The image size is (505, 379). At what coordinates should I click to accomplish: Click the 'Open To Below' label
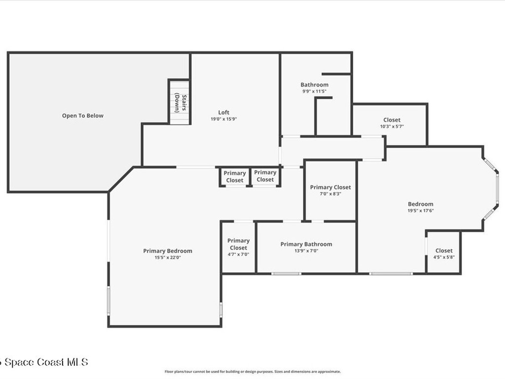(83, 115)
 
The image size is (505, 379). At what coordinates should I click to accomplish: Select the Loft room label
(224, 113)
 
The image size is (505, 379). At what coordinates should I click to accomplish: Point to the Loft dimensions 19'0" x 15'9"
(224, 119)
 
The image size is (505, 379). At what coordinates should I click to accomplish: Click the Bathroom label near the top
(314, 85)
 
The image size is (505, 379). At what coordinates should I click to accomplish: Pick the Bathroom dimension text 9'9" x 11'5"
(314, 91)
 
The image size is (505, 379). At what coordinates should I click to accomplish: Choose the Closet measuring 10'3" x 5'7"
(392, 123)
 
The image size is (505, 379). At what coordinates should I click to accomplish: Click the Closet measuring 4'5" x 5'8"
(444, 253)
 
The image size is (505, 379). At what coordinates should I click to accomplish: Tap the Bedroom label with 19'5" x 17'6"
(420, 204)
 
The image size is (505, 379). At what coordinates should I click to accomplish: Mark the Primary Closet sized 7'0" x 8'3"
(330, 190)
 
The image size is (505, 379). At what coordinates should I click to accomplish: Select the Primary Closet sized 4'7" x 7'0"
(238, 247)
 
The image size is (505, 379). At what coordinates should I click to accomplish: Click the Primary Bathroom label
(306, 244)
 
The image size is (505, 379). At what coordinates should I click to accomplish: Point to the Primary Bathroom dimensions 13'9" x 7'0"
(306, 251)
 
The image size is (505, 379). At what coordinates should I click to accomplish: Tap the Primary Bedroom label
(168, 251)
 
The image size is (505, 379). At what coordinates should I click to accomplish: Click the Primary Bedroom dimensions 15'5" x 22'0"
(168, 257)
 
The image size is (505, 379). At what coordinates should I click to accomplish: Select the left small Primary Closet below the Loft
(234, 177)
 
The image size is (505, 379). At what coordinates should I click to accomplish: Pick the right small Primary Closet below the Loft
(265, 176)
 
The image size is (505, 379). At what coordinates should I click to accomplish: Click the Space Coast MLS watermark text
(44, 362)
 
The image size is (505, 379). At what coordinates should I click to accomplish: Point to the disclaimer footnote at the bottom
(252, 372)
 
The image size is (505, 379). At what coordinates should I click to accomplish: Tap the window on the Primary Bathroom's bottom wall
(286, 273)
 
